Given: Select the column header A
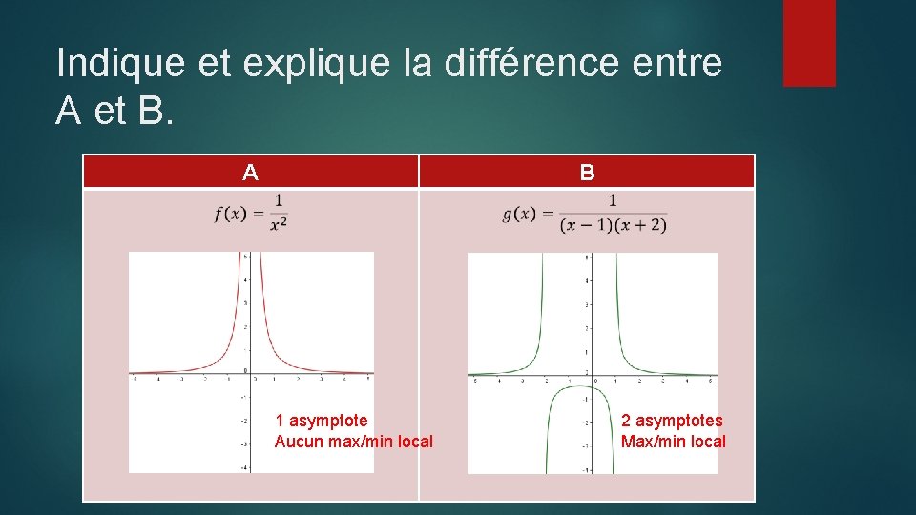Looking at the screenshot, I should pos(250,173).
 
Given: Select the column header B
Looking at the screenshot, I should pos(587,173).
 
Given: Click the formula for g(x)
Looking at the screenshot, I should pos(584,213).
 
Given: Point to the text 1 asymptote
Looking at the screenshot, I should pos(322,421).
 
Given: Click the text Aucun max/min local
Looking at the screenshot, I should pos(353,442).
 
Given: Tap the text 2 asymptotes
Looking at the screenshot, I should pos(672,421).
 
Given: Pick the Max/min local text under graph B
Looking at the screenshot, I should pos(673,442).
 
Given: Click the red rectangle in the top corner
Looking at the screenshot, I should pos(809,43).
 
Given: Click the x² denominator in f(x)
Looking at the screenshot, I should pos(279,224).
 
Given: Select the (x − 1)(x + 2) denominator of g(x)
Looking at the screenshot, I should pos(613,226).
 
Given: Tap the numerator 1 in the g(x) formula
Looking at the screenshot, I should pos(613,200).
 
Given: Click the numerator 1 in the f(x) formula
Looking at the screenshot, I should pos(279,199).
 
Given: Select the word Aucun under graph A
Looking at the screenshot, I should pos(297,442).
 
